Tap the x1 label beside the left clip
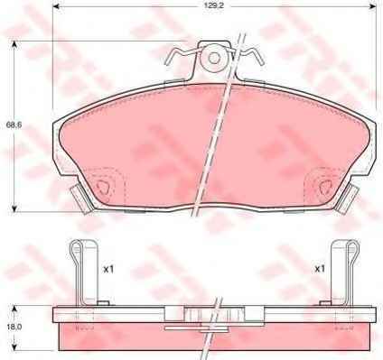pos(108,269)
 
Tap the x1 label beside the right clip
pos(320,269)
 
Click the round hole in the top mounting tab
pos(214,58)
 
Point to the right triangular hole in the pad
pos(326,187)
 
